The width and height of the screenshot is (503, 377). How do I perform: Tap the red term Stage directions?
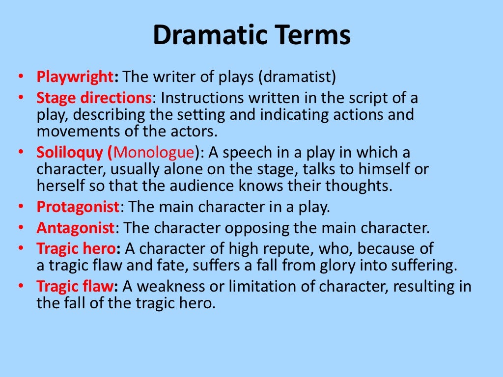coord(93,98)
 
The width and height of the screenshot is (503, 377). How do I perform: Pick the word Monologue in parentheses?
coord(153,153)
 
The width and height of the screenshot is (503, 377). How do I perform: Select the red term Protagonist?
coord(78,207)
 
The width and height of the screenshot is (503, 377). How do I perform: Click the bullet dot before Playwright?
coord(20,77)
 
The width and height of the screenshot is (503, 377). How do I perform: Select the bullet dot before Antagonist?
coord(20,228)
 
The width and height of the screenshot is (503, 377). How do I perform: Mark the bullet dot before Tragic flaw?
coord(20,286)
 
